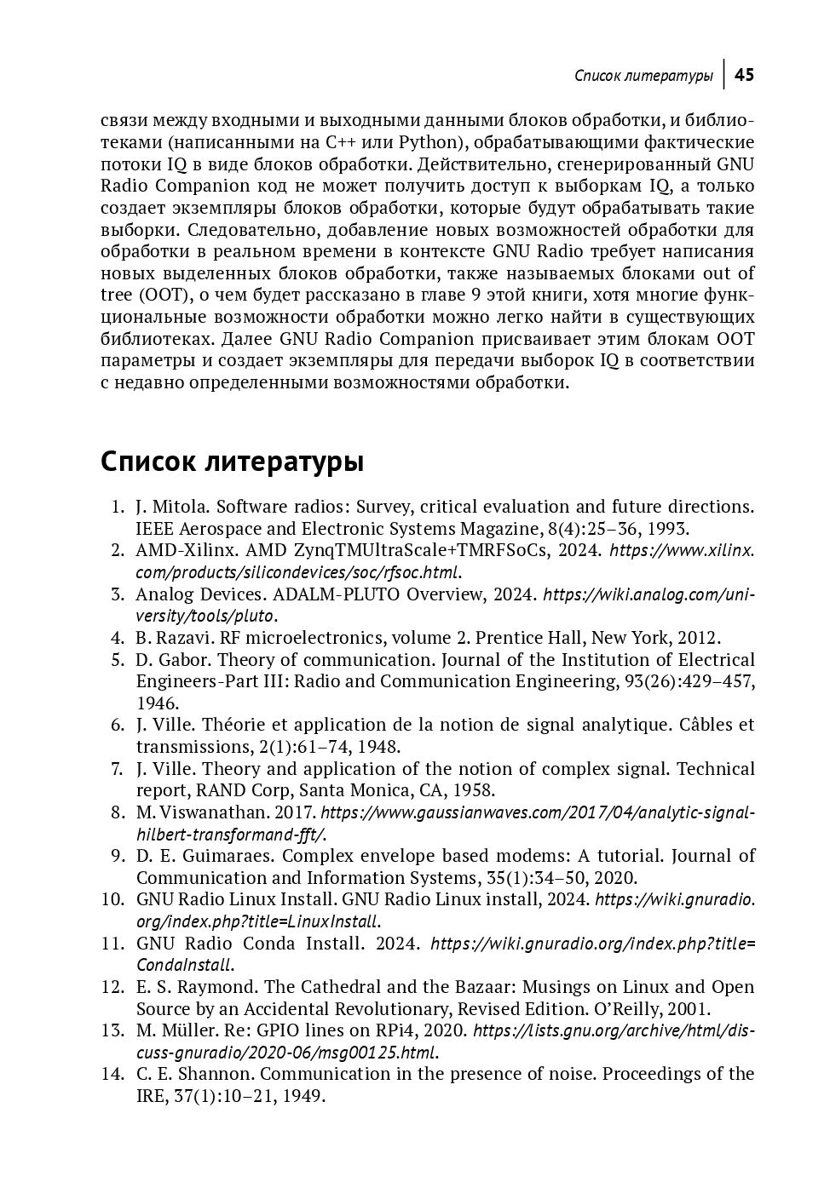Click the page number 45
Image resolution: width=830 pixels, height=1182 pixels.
coord(744,75)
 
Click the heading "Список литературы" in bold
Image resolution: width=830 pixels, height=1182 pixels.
coord(232,462)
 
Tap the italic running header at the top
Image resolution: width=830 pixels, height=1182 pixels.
coord(643,76)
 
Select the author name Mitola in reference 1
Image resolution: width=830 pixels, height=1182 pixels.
coord(179,507)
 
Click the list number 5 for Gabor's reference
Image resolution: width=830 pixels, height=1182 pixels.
coord(118,660)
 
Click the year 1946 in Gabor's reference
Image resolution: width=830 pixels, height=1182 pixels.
coord(158,703)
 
